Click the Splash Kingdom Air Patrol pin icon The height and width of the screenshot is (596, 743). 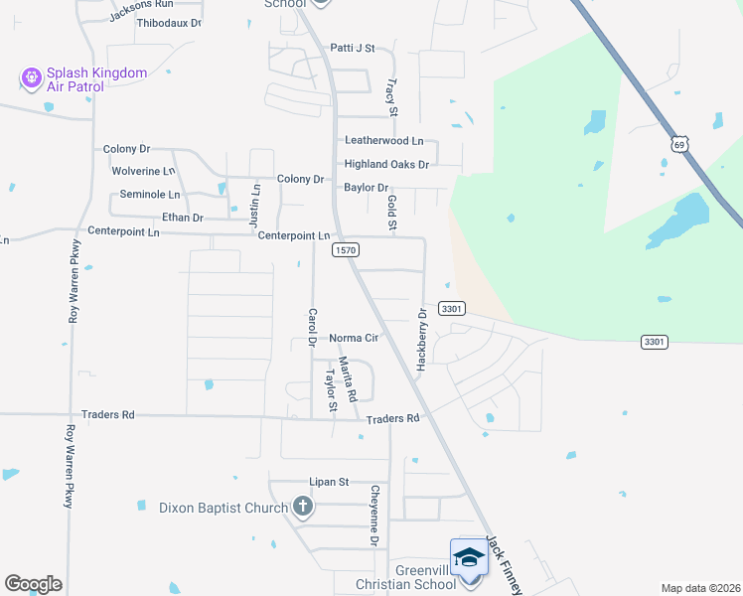point(30,75)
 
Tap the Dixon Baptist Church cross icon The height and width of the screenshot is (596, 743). point(303,508)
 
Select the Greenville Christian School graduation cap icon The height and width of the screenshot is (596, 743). point(468,558)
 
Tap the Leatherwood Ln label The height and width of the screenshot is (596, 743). point(383,141)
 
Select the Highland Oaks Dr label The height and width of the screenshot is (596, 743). point(386,164)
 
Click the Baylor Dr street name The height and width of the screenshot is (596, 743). point(366,187)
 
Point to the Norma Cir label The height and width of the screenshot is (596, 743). point(355,338)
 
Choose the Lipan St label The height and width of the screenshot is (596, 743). point(330,482)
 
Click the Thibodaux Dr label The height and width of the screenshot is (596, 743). point(169,22)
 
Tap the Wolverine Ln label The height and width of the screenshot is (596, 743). point(143,171)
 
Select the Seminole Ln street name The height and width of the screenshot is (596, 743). point(150,194)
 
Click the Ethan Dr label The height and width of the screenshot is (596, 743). point(182,218)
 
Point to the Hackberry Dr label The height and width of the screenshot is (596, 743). point(421,340)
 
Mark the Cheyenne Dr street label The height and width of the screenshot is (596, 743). point(375,516)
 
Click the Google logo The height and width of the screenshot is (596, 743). point(33,583)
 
